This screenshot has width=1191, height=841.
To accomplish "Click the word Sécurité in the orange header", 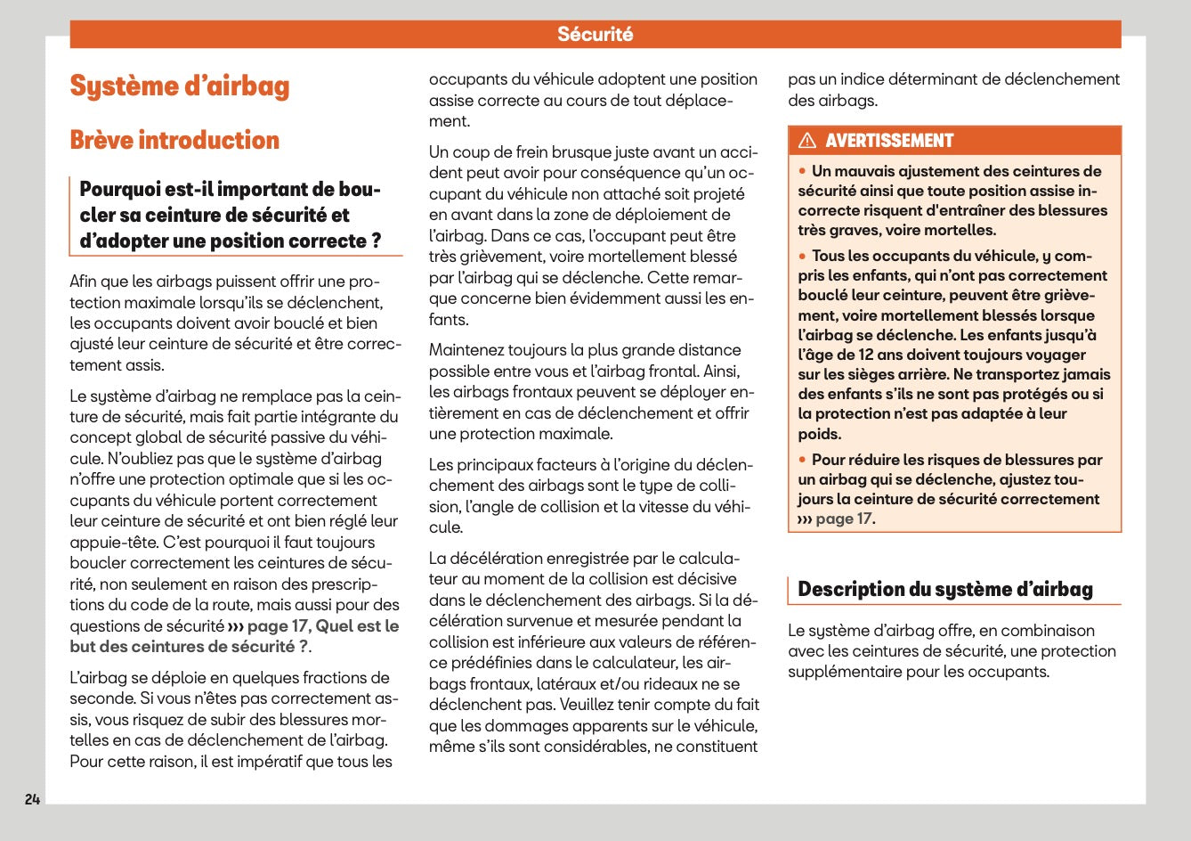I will [x=595, y=35].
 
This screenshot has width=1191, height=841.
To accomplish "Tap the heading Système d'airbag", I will [x=180, y=86].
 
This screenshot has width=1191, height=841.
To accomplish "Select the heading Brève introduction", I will [x=174, y=140].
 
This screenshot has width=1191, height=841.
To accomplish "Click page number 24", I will [x=33, y=799].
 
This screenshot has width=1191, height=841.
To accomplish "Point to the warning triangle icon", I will [x=807, y=141].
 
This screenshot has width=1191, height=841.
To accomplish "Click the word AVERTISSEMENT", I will [x=888, y=141].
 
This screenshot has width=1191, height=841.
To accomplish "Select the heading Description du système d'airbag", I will [x=944, y=590].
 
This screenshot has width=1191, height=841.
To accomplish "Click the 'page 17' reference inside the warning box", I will [x=843, y=519].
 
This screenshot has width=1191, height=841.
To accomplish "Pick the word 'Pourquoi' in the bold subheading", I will [x=113, y=190].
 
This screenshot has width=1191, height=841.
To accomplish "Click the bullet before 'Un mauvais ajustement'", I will [x=802, y=170].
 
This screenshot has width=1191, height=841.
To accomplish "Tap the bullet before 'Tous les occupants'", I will [x=802, y=256].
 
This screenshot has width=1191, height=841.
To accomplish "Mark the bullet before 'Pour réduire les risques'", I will [x=802, y=460].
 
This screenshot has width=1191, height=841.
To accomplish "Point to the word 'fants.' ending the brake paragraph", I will [x=449, y=319].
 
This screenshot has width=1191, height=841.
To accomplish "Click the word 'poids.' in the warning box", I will [x=819, y=434].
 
